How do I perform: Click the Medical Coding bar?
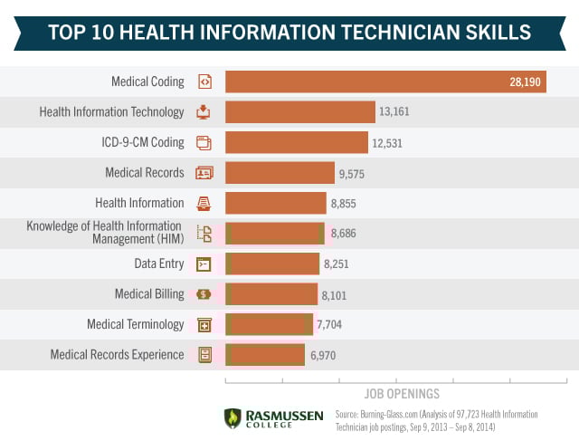pos(385,81)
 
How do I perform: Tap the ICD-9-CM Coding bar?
pos(297,142)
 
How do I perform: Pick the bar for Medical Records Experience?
pos(265,354)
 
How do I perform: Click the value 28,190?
pos(525,81)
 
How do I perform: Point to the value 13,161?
pos(395,112)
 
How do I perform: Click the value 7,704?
pos(329,324)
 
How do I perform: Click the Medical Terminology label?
pos(136,324)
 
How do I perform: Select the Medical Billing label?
pos(149,294)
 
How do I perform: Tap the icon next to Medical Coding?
pos(204,81)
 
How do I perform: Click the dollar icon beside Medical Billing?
pos(204,294)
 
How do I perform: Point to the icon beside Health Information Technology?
pos(204,112)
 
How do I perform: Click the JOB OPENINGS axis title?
pos(402,394)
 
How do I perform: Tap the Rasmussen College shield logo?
pos(233,417)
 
